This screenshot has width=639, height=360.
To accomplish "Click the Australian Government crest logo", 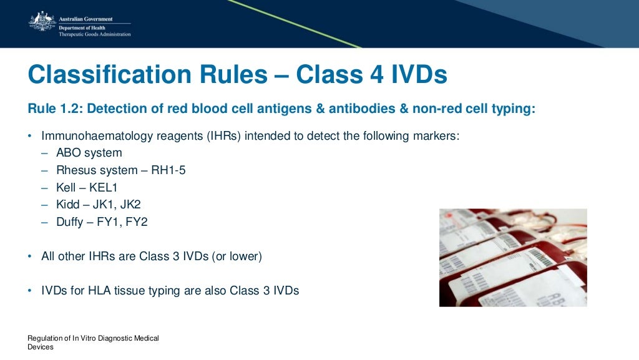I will click(41, 22).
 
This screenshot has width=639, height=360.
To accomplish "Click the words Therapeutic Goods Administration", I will click(94, 34).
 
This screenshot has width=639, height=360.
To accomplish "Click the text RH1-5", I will click(172, 170).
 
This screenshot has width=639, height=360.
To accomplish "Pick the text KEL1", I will click(104, 187).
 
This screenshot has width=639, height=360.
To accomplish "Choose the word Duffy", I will click(69, 221).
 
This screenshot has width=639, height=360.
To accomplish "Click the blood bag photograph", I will click(513, 257).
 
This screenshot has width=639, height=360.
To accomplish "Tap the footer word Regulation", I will click(43, 338).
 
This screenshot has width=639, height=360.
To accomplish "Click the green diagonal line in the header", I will click(293, 23).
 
